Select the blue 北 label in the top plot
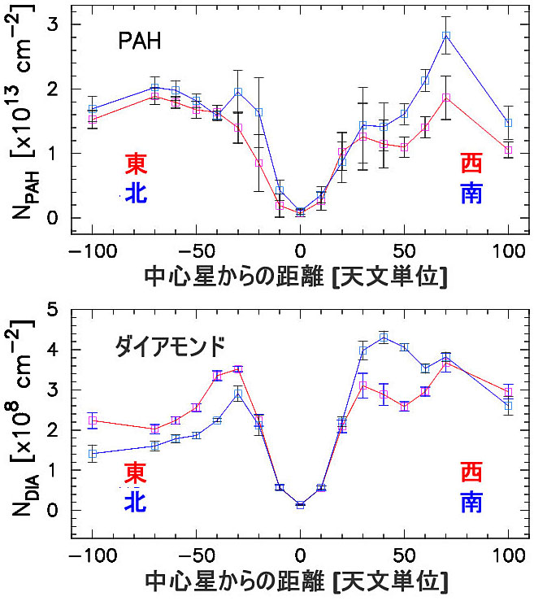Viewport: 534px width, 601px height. tap(135, 192)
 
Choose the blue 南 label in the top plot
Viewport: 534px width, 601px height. tap(471, 192)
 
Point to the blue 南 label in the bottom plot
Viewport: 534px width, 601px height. tap(471, 502)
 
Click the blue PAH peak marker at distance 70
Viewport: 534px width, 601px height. tap(445, 36)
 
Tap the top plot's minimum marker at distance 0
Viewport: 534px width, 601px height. tap(301, 212)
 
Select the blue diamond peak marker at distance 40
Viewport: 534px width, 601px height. tap(384, 338)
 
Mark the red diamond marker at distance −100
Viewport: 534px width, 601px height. tap(93, 420)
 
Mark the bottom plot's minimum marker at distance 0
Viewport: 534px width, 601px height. tap(301, 505)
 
